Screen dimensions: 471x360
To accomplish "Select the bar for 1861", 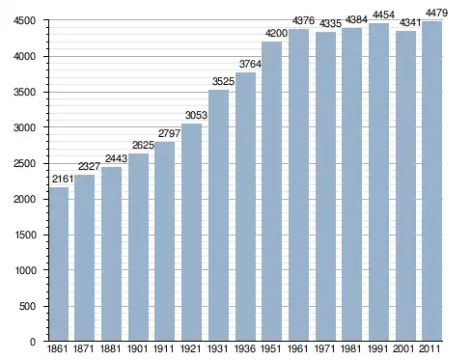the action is (x=59, y=264).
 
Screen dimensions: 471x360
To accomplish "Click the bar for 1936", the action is (x=245, y=207).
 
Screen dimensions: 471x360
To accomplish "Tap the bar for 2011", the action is (x=432, y=181).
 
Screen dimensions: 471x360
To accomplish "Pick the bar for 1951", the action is (x=272, y=191).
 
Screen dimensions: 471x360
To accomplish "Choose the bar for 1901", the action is (x=138, y=247).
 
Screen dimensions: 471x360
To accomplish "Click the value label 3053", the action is (x=196, y=115).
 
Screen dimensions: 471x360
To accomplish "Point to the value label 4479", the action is (x=436, y=13).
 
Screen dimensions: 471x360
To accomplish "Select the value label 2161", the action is (x=63, y=179).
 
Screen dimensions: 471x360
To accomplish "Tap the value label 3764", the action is (x=250, y=64).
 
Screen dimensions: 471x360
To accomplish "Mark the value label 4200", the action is (x=276, y=33).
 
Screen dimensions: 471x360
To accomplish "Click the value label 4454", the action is (x=383, y=14).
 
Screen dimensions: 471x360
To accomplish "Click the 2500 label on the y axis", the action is (x=24, y=163).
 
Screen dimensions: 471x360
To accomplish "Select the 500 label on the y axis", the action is (x=27, y=306).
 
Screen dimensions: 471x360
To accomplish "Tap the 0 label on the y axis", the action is (x=33, y=342).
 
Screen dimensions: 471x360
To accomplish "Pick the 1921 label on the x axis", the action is (x=190, y=348).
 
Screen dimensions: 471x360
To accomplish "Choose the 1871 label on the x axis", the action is (x=83, y=348).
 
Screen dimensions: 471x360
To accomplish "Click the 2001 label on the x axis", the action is (x=403, y=348).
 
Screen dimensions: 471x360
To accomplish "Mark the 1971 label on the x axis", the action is (x=324, y=348).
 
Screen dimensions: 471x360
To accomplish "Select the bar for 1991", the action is (x=378, y=182).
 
